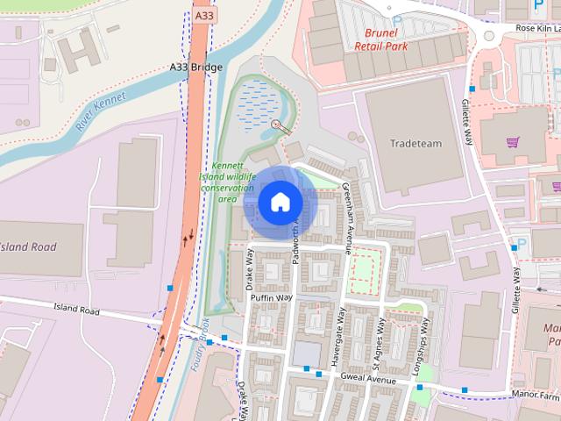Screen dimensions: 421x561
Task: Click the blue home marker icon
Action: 280,202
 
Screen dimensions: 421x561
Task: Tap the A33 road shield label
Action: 202,15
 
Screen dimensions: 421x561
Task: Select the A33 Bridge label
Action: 196,68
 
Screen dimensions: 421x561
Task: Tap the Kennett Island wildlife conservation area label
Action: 227,182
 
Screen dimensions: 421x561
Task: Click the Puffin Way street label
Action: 271,298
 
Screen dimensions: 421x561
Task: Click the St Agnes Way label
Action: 380,335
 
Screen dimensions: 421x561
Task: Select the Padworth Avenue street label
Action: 295,234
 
